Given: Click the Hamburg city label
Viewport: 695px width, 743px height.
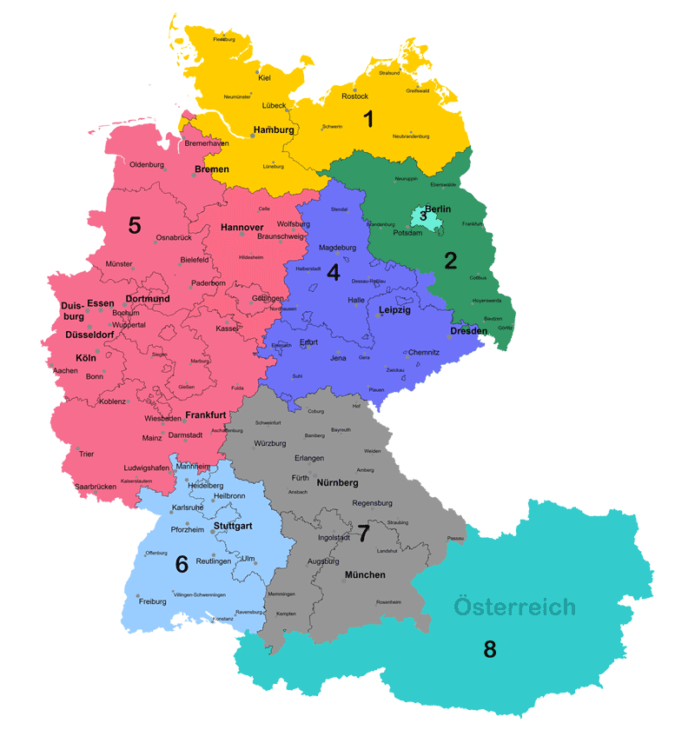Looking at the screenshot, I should pyautogui.click(x=274, y=130).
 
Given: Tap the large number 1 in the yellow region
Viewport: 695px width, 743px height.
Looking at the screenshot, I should pyautogui.click(x=368, y=119).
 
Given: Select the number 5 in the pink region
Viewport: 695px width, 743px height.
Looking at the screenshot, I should pyautogui.click(x=134, y=226).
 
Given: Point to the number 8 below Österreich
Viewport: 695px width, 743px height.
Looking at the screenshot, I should pyautogui.click(x=490, y=648).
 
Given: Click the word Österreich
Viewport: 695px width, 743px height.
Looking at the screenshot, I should pyautogui.click(x=514, y=607).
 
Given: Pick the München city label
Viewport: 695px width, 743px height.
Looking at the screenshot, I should pyautogui.click(x=365, y=575).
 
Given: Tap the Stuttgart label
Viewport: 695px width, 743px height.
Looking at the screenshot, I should pyautogui.click(x=233, y=526).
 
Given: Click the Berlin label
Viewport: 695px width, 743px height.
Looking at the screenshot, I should pyautogui.click(x=438, y=209).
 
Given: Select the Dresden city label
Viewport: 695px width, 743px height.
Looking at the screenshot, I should pyautogui.click(x=469, y=331).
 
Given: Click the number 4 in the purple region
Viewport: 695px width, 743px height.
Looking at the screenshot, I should pyautogui.click(x=333, y=272).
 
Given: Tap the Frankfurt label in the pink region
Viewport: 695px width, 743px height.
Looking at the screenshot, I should pyautogui.click(x=206, y=415).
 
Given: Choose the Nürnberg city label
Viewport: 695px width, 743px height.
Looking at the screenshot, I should pyautogui.click(x=337, y=482).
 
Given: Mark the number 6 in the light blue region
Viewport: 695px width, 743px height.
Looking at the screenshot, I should pyautogui.click(x=182, y=565).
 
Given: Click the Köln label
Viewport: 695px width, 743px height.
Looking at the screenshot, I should pyautogui.click(x=86, y=358).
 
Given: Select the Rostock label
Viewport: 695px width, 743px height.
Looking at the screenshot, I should pyautogui.click(x=355, y=96).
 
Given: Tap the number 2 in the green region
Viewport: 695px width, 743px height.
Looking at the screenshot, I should pyautogui.click(x=450, y=260).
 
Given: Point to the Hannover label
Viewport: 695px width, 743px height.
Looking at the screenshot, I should pyautogui.click(x=242, y=228).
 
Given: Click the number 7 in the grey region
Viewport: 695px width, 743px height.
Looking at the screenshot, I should pyautogui.click(x=363, y=533).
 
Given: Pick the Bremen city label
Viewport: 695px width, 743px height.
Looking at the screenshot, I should pyautogui.click(x=212, y=169).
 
